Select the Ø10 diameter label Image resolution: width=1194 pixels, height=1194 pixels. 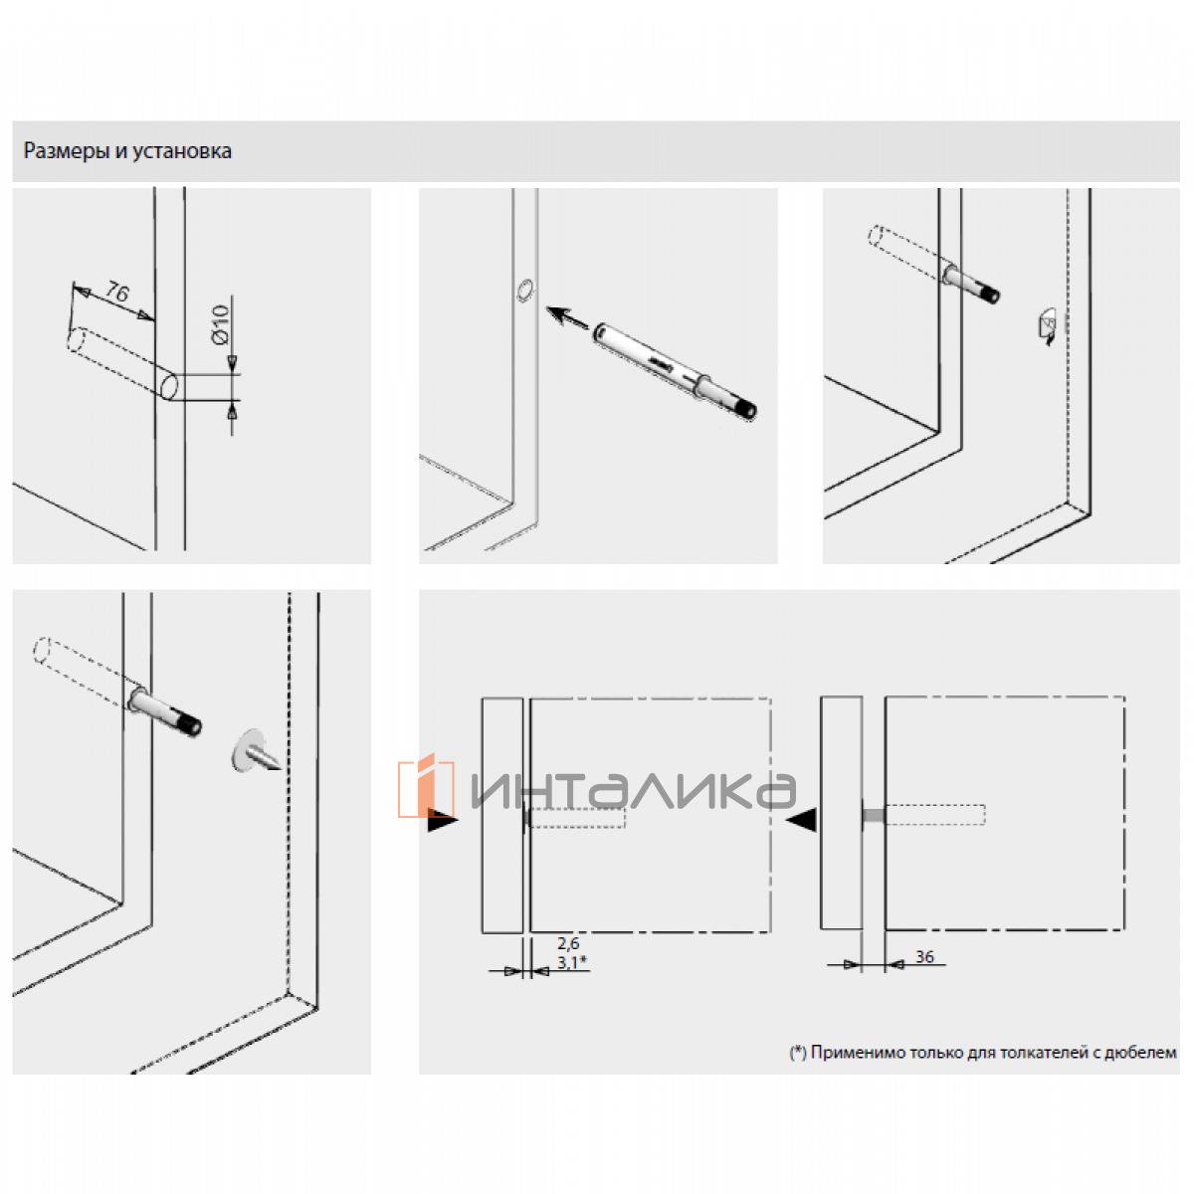tap(220, 324)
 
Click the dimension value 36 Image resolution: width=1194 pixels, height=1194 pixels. tap(923, 956)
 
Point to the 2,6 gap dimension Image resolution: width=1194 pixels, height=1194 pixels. tap(567, 943)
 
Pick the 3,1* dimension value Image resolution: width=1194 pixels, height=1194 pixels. tap(571, 962)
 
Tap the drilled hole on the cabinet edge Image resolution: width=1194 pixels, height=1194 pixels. tap(524, 290)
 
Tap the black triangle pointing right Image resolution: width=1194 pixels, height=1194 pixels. tap(442, 821)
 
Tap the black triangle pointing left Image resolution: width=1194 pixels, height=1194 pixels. tap(802, 820)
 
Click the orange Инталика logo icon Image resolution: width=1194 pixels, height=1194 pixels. tap(426, 785)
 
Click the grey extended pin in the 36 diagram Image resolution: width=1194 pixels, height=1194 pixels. tap(874, 815)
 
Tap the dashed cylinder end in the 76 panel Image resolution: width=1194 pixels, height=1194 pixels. tap(77, 341)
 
